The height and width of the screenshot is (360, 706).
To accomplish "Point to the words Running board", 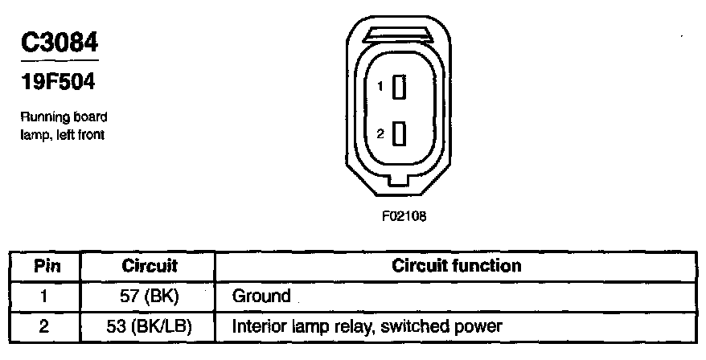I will coord(64,117).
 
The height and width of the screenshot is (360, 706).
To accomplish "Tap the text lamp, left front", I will coord(63,134).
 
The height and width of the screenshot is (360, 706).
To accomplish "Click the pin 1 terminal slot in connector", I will coord(398,87).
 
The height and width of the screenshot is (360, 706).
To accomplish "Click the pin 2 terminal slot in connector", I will coord(398,133).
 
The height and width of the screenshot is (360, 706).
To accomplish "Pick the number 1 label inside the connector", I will coord(381,87).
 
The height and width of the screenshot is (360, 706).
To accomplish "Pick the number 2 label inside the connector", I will coord(380,133).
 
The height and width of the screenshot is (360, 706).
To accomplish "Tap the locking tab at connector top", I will coord(398,35).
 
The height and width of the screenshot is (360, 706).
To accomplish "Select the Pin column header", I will coord(46,266).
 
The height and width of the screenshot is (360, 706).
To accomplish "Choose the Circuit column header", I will coord(149,266).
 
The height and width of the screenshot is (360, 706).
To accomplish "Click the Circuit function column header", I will coord(457,265).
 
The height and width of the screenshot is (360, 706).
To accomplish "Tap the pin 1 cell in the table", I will coord(46,296).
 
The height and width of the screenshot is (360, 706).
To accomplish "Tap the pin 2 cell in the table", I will coord(46,326).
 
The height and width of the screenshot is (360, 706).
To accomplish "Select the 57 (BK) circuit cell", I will coord(149,296).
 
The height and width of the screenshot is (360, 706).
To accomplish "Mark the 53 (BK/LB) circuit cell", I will coord(150,326).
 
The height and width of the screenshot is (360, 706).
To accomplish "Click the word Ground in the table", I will coord(261,296).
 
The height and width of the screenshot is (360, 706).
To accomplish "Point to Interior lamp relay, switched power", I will coord(367,326).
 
